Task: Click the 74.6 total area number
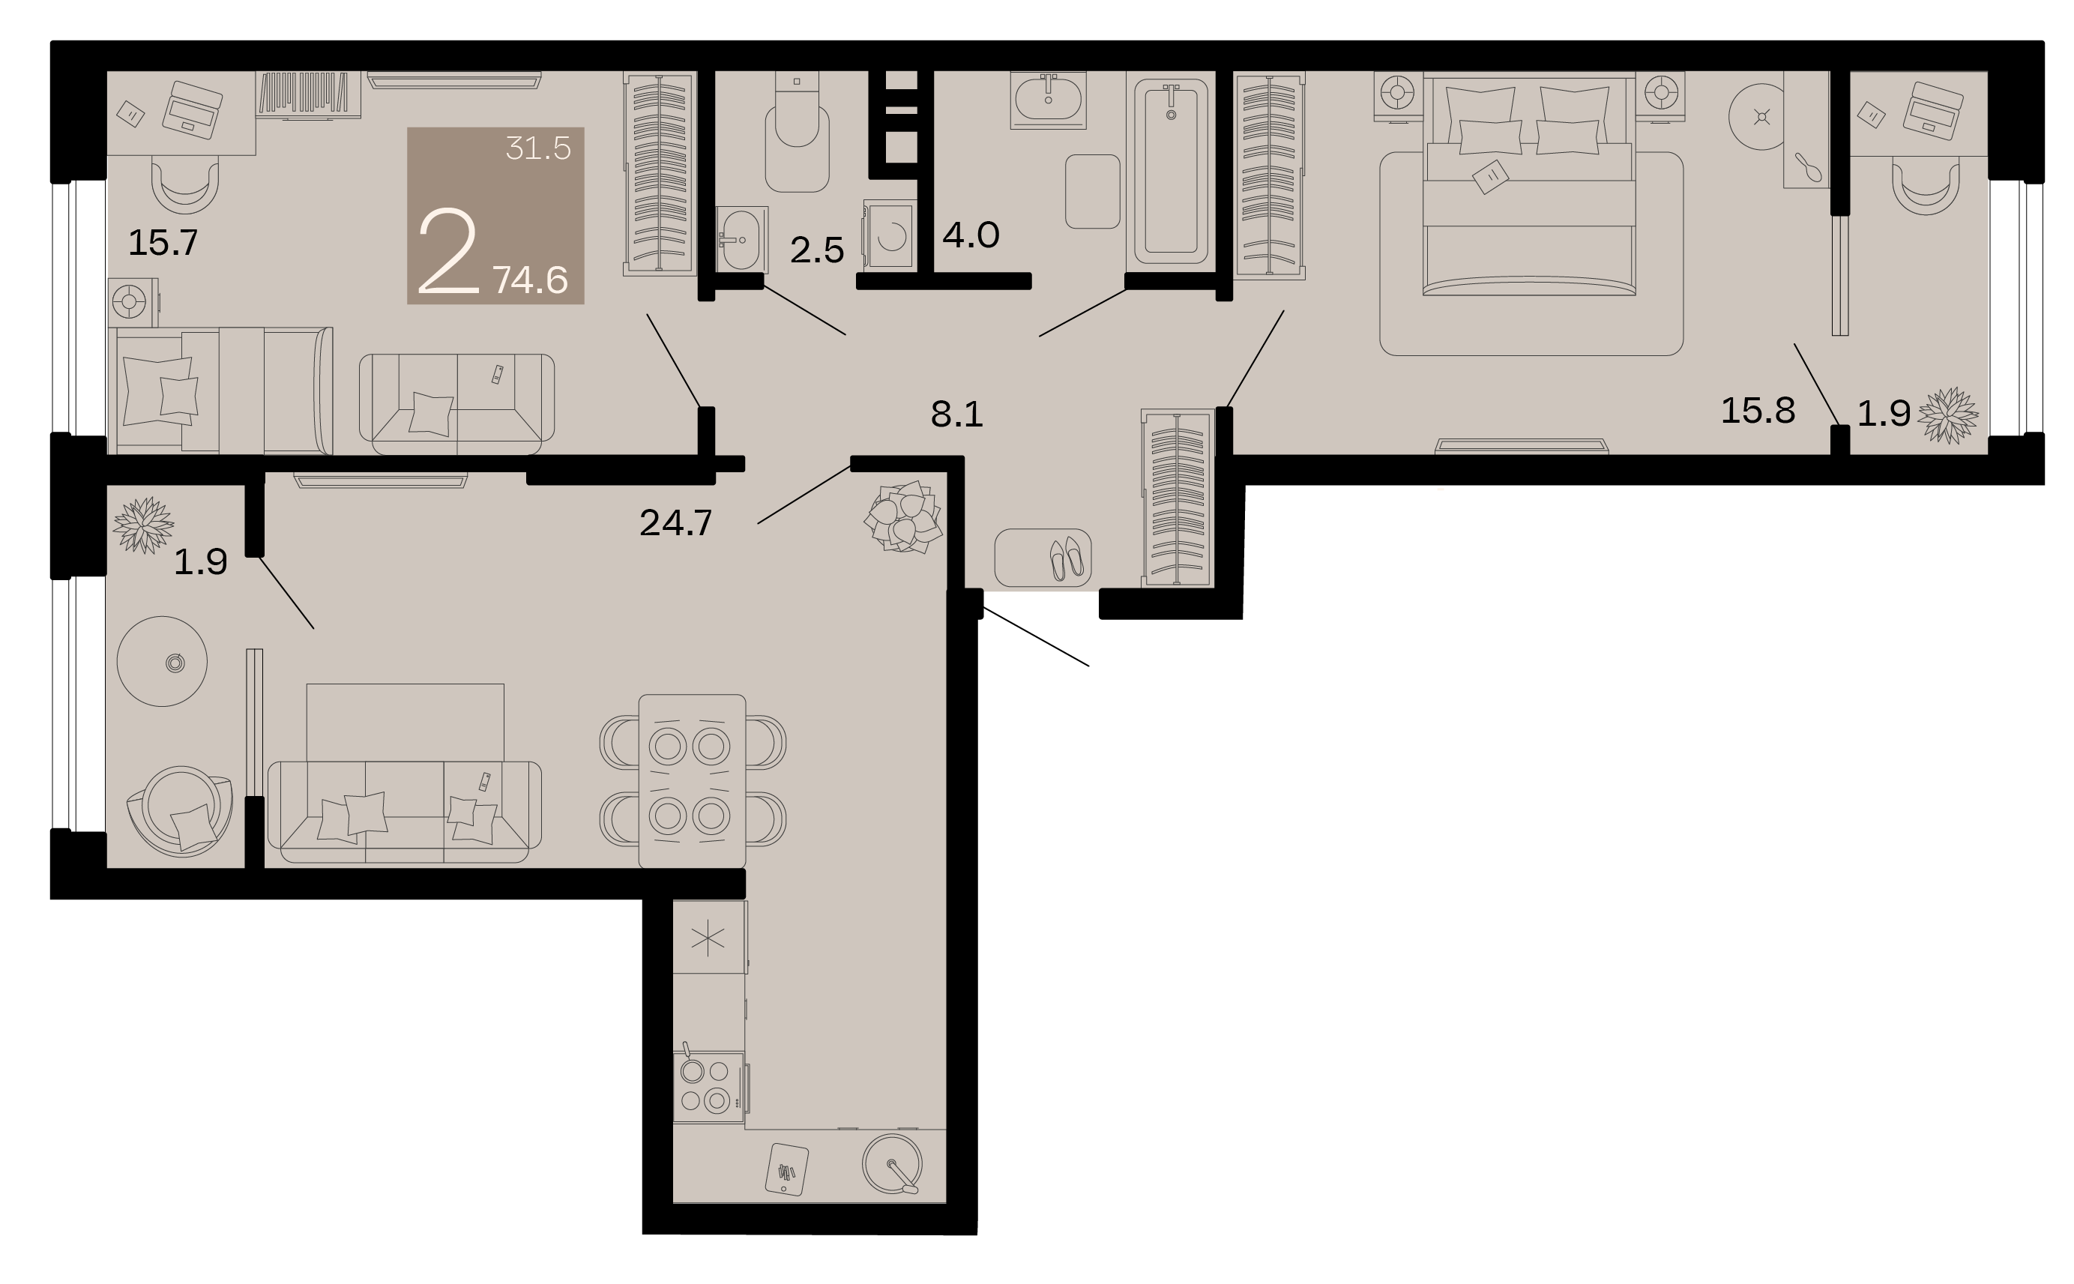531,280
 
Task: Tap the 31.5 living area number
538,148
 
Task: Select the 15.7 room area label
163,243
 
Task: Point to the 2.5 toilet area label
817,250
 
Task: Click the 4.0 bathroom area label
971,235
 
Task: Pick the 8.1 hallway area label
956,415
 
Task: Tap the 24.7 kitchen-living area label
676,523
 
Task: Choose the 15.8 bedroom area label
1758,411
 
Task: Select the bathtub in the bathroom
1171,171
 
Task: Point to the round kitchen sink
891,1163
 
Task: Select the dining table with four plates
692,781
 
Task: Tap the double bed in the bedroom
1529,187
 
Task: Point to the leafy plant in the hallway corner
903,516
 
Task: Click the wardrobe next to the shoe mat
1178,498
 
